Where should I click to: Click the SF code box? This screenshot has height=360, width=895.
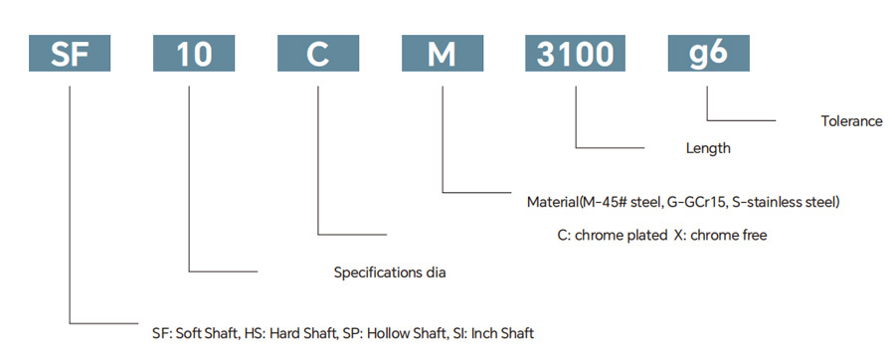(70, 53)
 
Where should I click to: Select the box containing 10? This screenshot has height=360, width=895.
(194, 53)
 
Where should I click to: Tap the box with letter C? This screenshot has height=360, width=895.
(318, 53)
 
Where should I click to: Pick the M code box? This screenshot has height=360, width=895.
(443, 53)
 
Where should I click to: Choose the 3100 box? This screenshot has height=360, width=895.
(576, 53)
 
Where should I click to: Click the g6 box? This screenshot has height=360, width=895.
(708, 53)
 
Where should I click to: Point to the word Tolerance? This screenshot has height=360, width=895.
(851, 121)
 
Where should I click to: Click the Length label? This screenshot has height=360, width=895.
(708, 149)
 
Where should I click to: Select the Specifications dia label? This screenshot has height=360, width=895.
(389, 272)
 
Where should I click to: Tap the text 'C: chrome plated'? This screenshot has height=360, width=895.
(611, 235)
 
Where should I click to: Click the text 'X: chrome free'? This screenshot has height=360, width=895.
(720, 235)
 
